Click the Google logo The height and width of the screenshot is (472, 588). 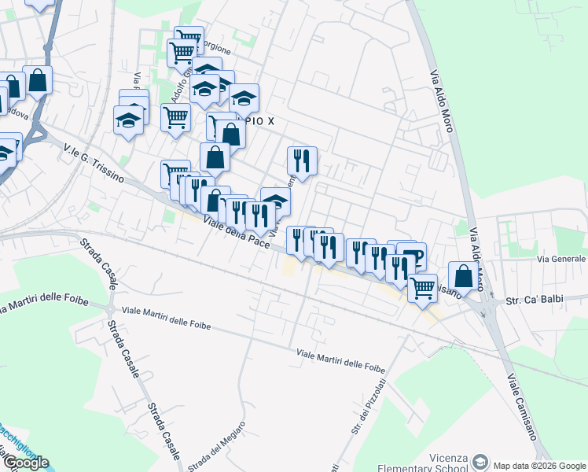(25, 463)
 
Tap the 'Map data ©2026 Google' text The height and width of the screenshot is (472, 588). (540, 464)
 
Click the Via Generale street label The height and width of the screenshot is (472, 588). (562, 259)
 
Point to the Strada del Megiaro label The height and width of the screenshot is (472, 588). (215, 447)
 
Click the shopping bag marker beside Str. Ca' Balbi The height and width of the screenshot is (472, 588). (464, 275)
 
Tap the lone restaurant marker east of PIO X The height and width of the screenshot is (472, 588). (302, 161)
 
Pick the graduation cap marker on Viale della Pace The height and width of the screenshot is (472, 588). (274, 202)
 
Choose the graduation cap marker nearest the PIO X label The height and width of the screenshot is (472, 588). (244, 98)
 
